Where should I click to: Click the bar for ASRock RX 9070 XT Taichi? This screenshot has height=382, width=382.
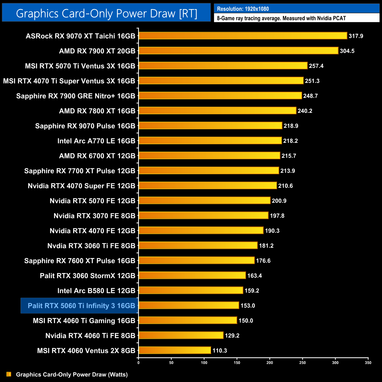(x=243, y=36)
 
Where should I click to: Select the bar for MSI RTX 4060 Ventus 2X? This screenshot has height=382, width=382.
(x=175, y=350)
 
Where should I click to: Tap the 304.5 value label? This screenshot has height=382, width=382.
(x=347, y=51)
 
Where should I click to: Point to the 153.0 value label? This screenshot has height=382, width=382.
(x=248, y=306)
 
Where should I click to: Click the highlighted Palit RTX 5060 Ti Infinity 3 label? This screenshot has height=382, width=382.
(x=81, y=306)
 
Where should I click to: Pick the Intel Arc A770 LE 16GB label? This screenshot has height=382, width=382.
(x=96, y=141)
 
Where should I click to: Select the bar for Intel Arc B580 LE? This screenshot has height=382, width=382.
(x=191, y=290)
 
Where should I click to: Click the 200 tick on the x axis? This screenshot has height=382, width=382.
(x=270, y=363)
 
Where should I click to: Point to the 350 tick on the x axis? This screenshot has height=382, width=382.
(x=368, y=363)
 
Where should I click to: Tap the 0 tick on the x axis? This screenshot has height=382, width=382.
(x=138, y=363)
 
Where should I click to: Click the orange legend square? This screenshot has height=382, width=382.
(x=9, y=374)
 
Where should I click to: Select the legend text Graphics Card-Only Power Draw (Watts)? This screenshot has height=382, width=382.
(x=72, y=374)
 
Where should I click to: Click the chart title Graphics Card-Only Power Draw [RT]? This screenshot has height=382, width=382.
(x=106, y=13)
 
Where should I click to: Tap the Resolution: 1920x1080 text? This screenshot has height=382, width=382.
(x=243, y=9)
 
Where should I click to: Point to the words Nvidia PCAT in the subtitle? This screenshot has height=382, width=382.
(x=331, y=18)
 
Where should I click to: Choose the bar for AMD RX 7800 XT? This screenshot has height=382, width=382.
(x=217, y=110)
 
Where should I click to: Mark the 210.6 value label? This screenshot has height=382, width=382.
(x=285, y=186)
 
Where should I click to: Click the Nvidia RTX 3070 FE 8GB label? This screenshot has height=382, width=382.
(x=94, y=216)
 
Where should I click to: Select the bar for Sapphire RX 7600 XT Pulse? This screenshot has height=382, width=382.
(x=197, y=260)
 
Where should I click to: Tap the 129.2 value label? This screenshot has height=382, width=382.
(x=232, y=336)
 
